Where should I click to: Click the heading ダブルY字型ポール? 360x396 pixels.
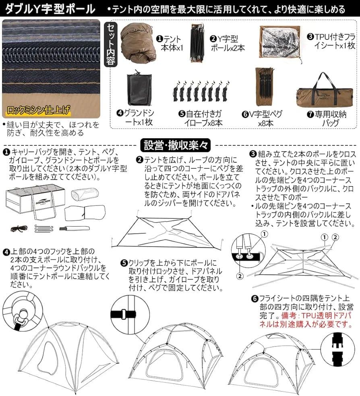[50, 8]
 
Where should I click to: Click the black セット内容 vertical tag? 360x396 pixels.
[111, 44]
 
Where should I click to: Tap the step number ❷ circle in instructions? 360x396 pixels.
[139, 160]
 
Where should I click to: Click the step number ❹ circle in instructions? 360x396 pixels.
[6, 252]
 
